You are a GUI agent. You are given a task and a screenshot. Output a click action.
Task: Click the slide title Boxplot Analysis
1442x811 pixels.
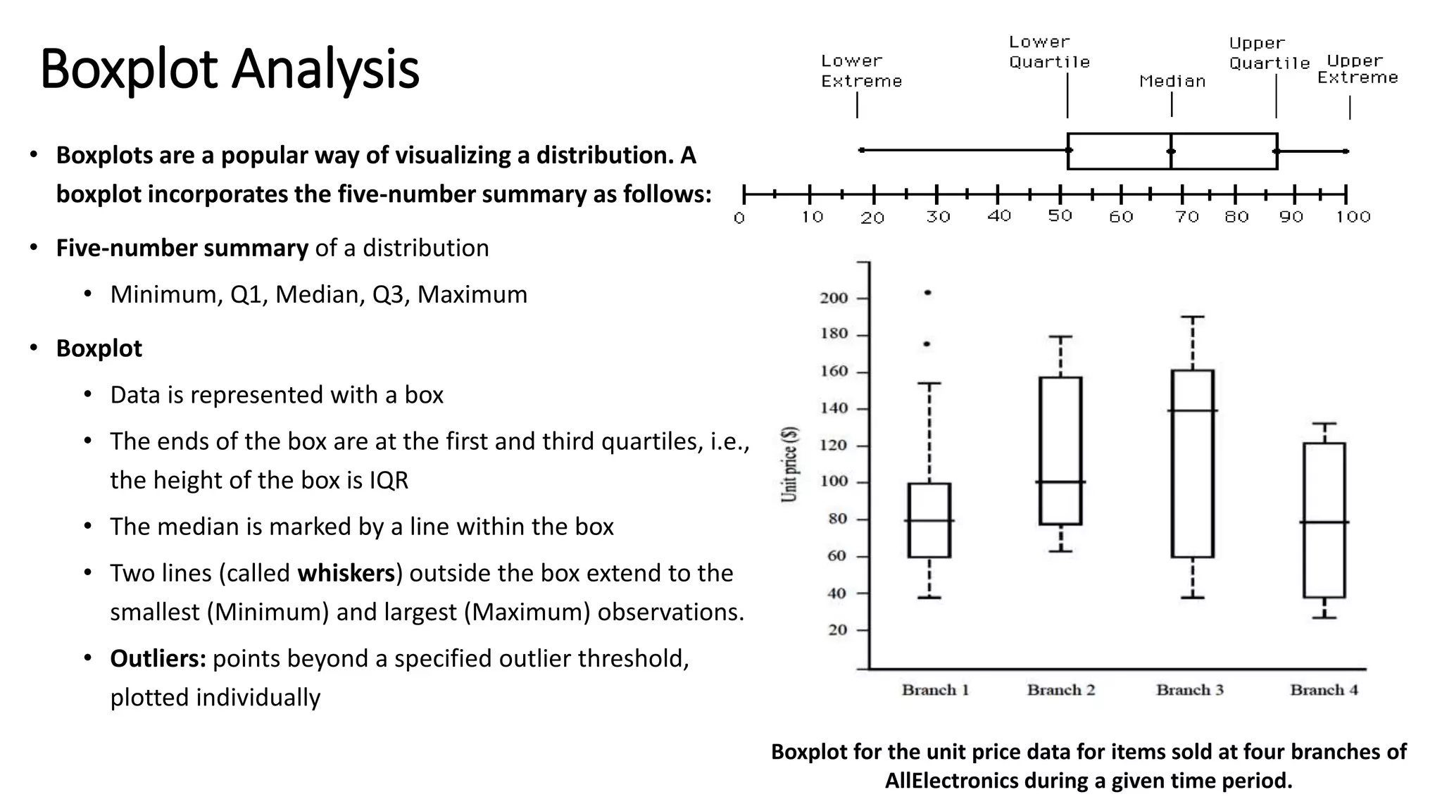click(x=230, y=69)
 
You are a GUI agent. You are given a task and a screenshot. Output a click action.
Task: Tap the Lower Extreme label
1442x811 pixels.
click(x=860, y=71)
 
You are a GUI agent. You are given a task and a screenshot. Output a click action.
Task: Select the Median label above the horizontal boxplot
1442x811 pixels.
click(x=1172, y=82)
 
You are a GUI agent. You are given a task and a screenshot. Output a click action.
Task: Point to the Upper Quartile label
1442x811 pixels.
click(x=1269, y=54)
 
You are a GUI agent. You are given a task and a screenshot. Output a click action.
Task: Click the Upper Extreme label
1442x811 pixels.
click(x=1357, y=69)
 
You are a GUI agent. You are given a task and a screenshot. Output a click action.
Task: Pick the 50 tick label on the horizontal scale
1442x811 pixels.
click(x=1060, y=216)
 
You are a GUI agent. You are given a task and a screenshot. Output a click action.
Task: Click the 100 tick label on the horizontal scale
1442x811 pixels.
click(x=1353, y=217)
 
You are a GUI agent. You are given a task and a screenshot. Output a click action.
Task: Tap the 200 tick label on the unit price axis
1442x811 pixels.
click(x=834, y=298)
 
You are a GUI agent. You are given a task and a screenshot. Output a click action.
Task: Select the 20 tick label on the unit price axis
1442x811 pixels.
click(x=837, y=630)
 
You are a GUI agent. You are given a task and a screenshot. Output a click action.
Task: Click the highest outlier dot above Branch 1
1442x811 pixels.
click(x=927, y=293)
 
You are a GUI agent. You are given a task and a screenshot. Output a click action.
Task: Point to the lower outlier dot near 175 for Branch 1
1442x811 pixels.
click(x=927, y=344)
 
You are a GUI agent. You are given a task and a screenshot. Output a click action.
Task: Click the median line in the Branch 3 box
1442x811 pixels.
click(x=1192, y=410)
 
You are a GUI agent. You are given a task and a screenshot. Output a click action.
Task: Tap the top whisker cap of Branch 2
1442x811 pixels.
click(x=1060, y=337)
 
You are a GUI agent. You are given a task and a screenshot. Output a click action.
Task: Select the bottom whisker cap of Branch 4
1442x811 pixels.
click(x=1324, y=617)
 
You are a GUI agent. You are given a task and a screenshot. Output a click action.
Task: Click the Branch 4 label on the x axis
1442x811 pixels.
click(x=1324, y=690)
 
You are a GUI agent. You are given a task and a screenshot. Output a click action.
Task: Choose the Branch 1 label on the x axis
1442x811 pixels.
click(x=935, y=690)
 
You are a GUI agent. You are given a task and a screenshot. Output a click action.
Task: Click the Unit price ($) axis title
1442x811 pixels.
click(x=790, y=464)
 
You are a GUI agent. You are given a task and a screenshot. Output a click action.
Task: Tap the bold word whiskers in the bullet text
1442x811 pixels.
click(x=346, y=573)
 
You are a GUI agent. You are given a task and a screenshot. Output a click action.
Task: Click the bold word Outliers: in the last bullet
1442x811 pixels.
click(x=158, y=659)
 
